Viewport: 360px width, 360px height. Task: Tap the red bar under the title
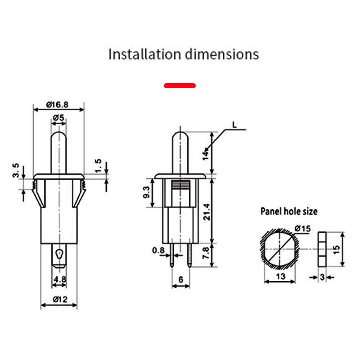coord(180,85)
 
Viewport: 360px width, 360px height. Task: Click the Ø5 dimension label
coord(59,118)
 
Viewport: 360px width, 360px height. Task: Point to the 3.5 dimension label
coord(16,171)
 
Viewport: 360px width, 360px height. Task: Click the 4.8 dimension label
coord(59,280)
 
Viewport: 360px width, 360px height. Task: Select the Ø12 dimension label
coord(60,299)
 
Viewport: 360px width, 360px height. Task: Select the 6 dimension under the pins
coord(181,279)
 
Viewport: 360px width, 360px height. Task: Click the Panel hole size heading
coord(289,211)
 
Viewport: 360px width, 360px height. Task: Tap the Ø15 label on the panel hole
coord(303,229)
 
